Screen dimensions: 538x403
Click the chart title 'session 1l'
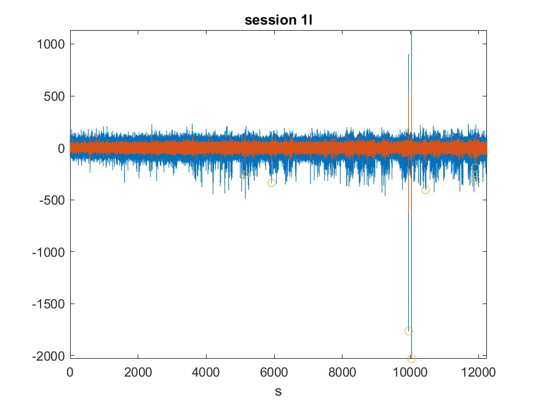(x=279, y=20)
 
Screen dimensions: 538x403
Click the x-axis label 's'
(x=279, y=391)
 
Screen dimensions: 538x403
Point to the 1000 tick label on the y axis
(x=51, y=44)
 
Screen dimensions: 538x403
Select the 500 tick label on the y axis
(x=54, y=96)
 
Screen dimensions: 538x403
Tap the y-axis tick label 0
(x=61, y=149)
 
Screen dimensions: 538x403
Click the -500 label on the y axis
(x=52, y=200)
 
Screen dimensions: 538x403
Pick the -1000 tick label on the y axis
(x=49, y=252)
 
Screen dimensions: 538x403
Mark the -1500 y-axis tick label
(x=49, y=304)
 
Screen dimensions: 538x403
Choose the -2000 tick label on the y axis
(x=49, y=356)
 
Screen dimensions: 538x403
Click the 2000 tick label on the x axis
(x=138, y=372)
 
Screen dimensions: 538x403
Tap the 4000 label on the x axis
(x=206, y=372)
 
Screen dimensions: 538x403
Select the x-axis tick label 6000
(x=274, y=372)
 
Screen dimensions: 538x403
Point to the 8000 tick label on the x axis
(x=342, y=372)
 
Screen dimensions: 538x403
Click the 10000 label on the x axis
(x=410, y=372)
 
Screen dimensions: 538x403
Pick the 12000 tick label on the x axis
(x=478, y=372)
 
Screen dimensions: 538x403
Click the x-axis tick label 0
(x=70, y=372)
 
